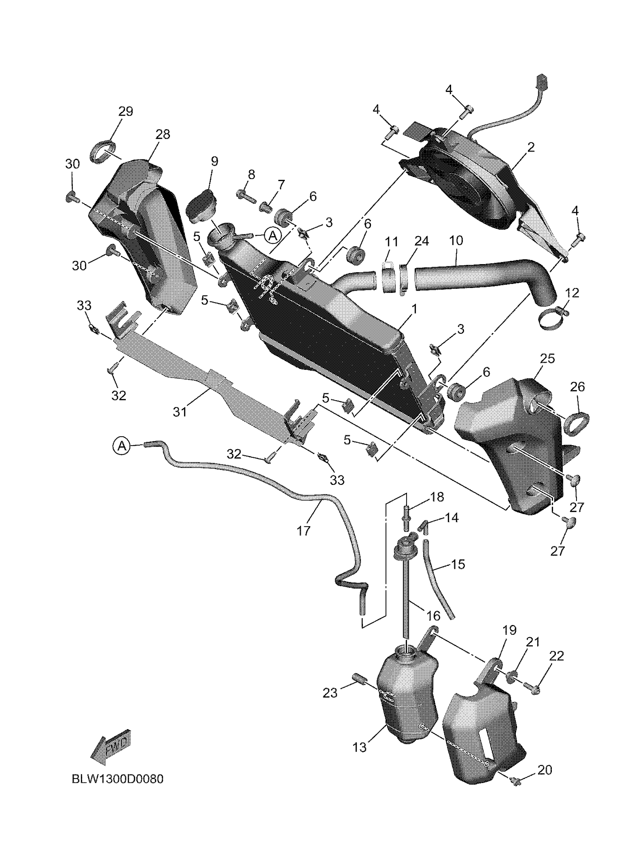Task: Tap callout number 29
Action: [126, 112]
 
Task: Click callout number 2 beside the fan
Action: [531, 148]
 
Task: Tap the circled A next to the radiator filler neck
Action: [273, 236]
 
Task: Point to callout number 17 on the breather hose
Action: [304, 530]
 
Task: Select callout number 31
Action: [180, 412]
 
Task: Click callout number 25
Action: [547, 358]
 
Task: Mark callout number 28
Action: [162, 134]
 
